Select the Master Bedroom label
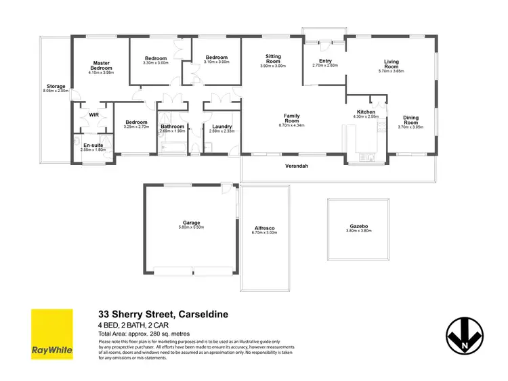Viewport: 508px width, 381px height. coord(101,66)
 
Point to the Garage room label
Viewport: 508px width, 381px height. coord(191,223)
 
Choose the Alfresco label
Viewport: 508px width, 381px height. coord(266,229)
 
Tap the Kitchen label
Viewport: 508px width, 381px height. coord(366,112)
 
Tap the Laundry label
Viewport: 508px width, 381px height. coord(222,127)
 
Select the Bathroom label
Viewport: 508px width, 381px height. coord(172,127)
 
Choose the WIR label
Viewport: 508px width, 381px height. coord(94,115)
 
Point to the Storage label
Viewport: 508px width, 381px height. coord(56,87)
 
